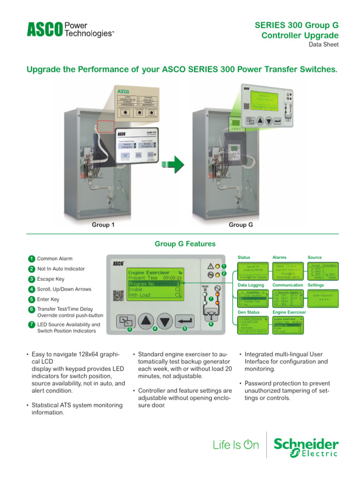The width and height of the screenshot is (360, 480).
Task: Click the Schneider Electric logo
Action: [x=306, y=448]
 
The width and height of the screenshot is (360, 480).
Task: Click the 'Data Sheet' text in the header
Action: [x=323, y=45]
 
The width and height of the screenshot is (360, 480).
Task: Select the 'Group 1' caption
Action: [x=103, y=225]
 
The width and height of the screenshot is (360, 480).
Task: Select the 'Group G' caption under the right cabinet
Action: [x=241, y=225]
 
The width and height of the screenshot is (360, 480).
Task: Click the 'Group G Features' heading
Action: [x=185, y=244]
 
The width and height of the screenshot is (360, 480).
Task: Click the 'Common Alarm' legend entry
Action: [x=54, y=259]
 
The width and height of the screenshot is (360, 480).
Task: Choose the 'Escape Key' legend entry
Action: [x=51, y=279]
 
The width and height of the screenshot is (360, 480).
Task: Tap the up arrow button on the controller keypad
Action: [x=147, y=322]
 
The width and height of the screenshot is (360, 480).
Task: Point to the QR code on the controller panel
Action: [x=118, y=295]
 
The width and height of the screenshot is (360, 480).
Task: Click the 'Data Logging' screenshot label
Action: [x=251, y=285]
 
